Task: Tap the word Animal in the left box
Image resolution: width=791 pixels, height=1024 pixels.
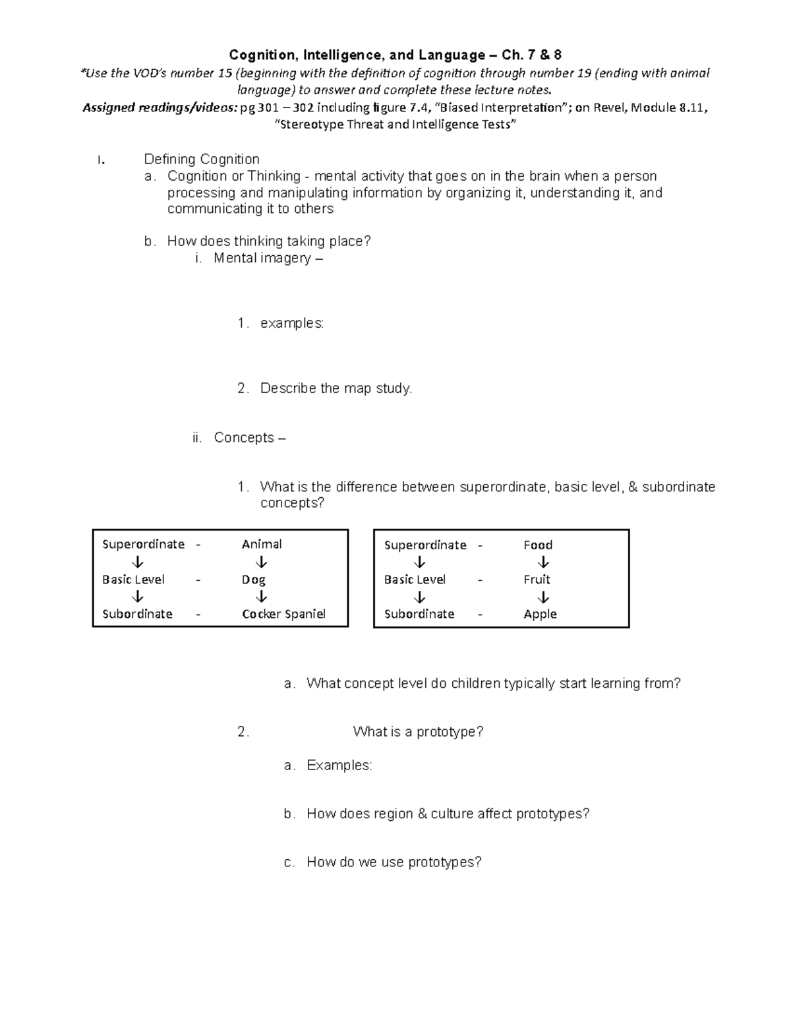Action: coord(262,544)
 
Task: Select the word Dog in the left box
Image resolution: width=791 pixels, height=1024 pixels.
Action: coord(253,580)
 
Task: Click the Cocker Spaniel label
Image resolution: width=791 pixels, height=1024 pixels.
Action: coord(283,614)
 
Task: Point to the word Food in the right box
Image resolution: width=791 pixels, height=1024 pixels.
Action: coord(538,545)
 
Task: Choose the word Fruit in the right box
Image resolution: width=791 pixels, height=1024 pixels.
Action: coord(537,580)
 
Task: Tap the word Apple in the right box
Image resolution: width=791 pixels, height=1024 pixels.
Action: coord(540,614)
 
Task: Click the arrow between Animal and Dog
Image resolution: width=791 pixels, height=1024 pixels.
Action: coord(262,562)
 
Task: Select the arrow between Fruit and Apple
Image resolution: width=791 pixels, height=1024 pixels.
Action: coord(543,597)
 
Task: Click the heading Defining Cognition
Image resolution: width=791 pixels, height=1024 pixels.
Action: coord(201,159)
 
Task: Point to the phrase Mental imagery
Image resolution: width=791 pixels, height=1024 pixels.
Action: coord(262,258)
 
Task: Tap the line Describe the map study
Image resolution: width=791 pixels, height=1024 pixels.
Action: coord(336,388)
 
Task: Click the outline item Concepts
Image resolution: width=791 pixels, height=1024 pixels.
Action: coord(244,438)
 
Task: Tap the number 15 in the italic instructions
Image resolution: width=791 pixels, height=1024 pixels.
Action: coord(225,73)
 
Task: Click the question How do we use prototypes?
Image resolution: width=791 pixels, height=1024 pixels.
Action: coord(394,862)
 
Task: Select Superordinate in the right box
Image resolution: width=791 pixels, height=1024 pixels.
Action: coord(425,545)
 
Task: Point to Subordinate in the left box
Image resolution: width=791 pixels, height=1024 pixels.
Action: coord(137,614)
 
